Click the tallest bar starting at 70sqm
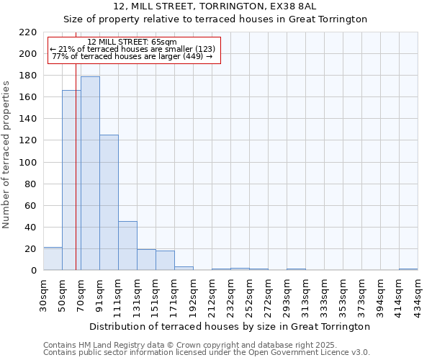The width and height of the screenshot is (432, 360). (90, 174)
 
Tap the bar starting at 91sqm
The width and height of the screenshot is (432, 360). (109, 202)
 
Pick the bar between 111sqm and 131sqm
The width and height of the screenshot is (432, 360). (127, 246)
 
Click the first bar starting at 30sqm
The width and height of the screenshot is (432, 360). (53, 258)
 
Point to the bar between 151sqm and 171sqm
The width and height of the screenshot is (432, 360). (165, 261)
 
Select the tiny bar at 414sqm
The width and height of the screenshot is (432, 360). (408, 269)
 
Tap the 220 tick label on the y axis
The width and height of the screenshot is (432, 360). (28, 32)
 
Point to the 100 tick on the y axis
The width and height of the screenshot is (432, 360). (28, 163)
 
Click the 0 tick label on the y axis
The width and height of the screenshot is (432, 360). (33, 271)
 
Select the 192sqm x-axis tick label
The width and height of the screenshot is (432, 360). (193, 292)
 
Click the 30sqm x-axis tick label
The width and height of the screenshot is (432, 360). (43, 292)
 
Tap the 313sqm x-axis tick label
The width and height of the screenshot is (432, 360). (305, 292)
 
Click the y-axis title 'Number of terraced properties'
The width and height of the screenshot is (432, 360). (6, 154)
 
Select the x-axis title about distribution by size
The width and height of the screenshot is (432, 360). (230, 326)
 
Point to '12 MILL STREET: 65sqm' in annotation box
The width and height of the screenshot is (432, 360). (132, 42)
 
